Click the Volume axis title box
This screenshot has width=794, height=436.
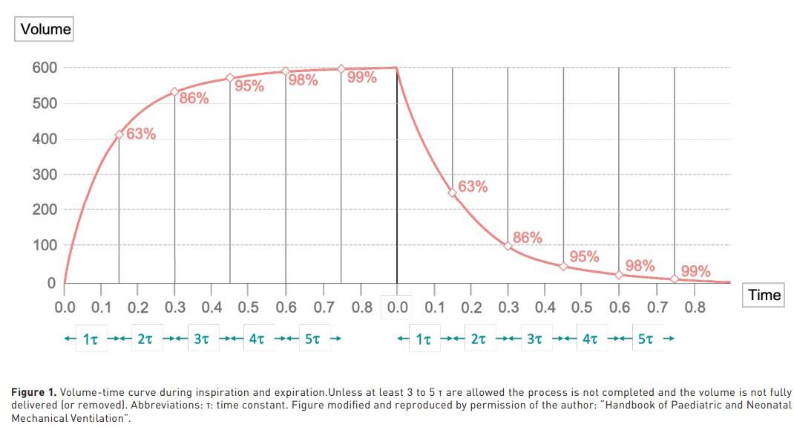(44, 29)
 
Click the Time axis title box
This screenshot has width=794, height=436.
(764, 295)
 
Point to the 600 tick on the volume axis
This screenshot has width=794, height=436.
(45, 68)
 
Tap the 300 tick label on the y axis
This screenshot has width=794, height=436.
(45, 175)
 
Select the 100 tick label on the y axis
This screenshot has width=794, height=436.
(45, 245)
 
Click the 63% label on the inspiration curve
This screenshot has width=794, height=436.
(141, 134)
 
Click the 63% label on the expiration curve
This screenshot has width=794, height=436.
(473, 186)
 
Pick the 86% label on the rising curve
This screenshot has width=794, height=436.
(194, 98)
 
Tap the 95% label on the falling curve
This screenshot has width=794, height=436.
(584, 256)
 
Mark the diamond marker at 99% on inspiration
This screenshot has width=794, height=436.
(341, 69)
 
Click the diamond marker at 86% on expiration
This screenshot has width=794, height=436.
(508, 247)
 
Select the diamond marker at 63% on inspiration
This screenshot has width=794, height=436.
(119, 135)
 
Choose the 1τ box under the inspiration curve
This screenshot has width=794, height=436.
(91, 338)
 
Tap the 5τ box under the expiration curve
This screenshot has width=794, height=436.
(645, 338)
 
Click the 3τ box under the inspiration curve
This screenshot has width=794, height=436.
(203, 338)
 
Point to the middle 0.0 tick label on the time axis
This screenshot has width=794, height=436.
(397, 308)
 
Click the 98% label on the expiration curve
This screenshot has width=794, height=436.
(640, 266)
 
